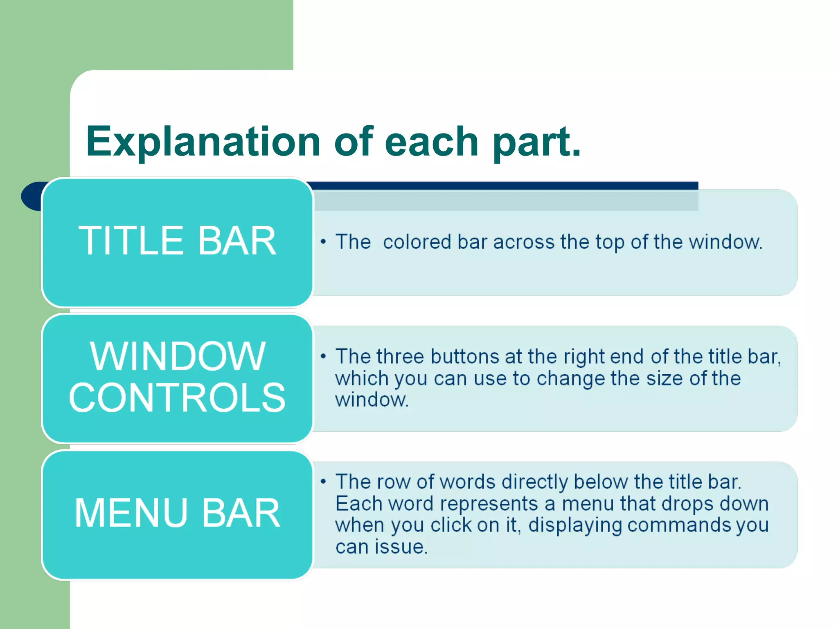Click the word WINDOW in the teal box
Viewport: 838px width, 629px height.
click(x=178, y=357)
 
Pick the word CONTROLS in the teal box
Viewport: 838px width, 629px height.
click(x=177, y=398)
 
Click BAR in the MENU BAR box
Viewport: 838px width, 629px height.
click(x=241, y=513)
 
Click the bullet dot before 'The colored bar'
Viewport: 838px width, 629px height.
click(x=323, y=242)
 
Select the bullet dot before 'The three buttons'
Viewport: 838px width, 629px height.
click(x=323, y=356)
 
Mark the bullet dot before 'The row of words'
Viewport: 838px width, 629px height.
click(x=323, y=482)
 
